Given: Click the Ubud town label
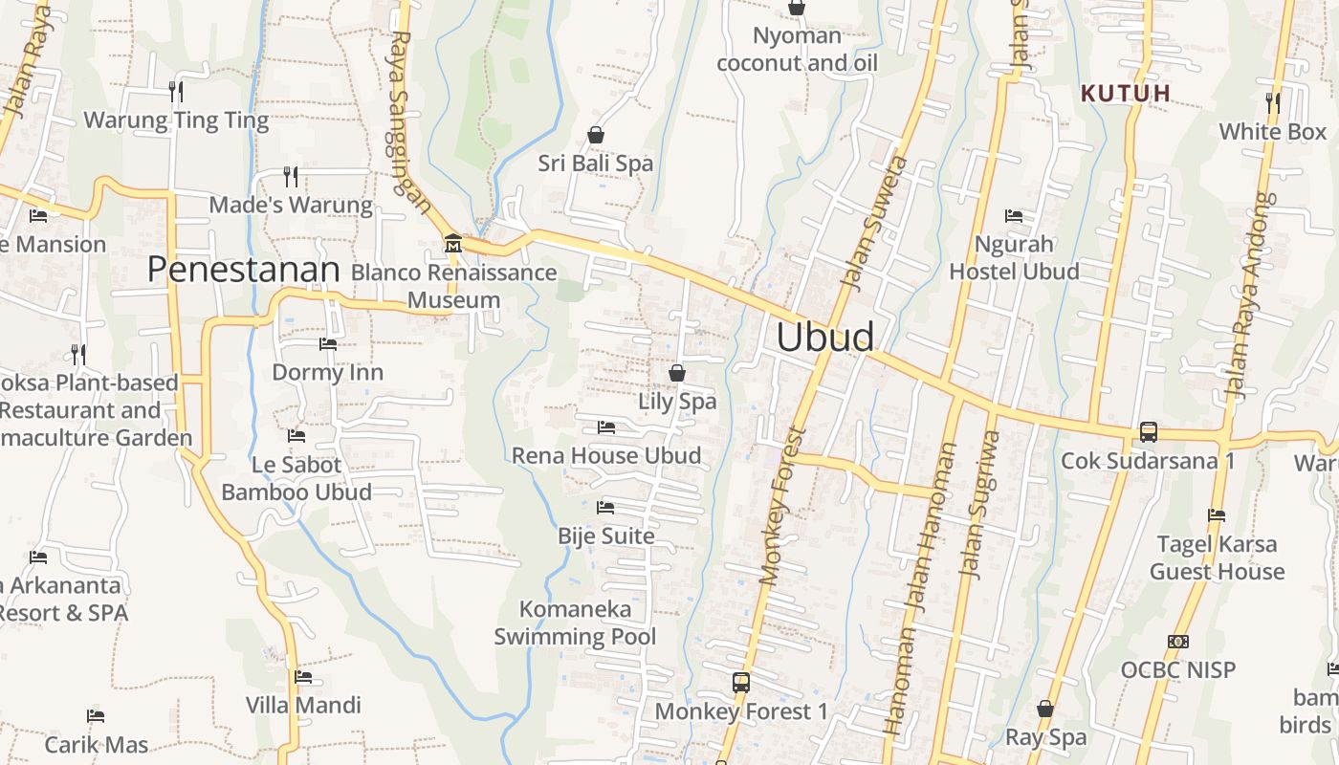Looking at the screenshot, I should [824, 337].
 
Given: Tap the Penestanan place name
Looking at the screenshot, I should [243, 270].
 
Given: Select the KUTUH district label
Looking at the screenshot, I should [1126, 93].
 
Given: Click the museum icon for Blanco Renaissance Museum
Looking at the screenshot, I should [452, 244].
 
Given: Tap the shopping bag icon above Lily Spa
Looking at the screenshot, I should [677, 372].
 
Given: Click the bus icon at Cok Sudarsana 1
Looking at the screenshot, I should [1148, 432].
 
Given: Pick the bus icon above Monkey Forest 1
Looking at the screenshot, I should [741, 683].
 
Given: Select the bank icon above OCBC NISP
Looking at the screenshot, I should [1178, 642].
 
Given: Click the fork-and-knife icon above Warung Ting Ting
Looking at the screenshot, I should [176, 92].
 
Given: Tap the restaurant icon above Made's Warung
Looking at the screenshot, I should [291, 176].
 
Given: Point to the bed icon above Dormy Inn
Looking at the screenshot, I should [328, 343].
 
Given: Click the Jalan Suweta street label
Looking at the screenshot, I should [871, 222].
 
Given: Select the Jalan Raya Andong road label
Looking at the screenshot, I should [1249, 295].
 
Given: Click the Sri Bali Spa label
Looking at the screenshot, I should [595, 164].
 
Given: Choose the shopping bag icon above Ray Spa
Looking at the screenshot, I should [1045, 709].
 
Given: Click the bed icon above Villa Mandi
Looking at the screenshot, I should [303, 677].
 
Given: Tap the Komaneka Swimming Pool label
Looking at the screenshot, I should [575, 623].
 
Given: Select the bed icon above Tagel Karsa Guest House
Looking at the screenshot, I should [1217, 515].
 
